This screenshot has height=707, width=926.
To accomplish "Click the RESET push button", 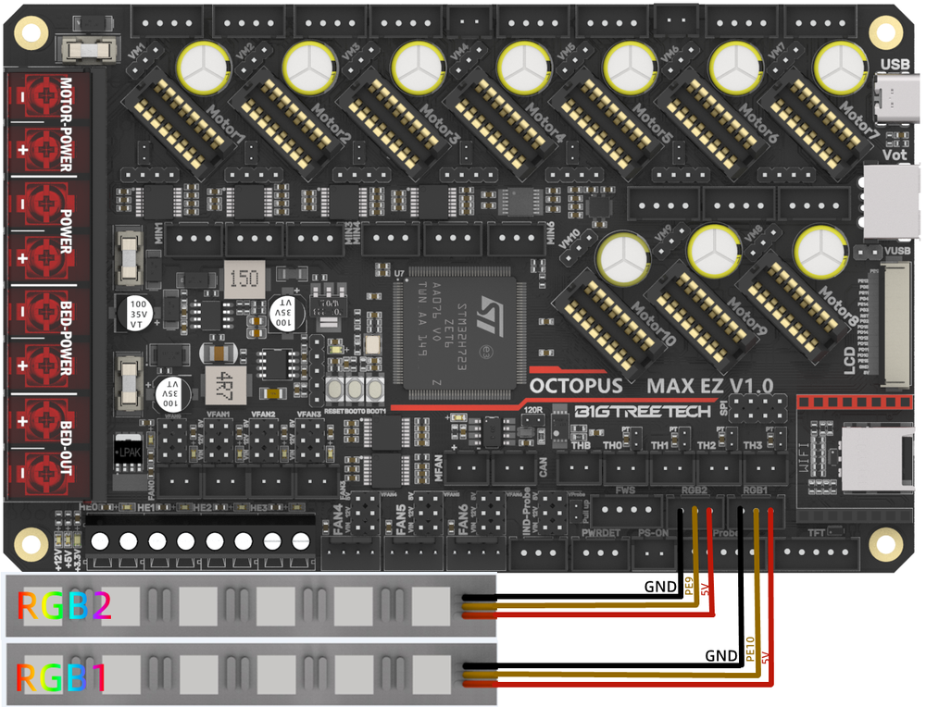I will pos(336,389).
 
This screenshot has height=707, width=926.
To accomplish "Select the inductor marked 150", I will pos(242,279).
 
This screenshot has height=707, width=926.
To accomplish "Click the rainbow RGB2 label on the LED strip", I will pos(64,606).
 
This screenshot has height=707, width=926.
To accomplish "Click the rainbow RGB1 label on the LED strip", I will pos(61,678).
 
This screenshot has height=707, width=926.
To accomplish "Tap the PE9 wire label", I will pos(688,585).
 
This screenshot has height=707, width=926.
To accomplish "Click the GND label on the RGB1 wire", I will pos(720,656).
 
